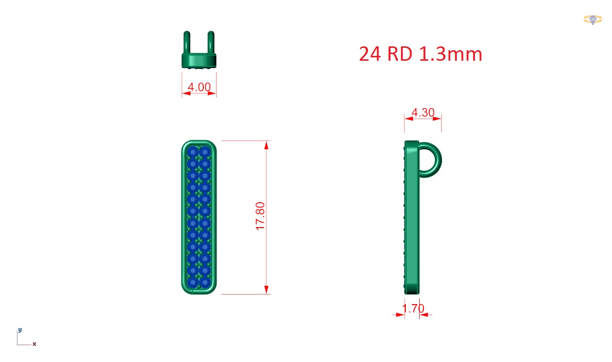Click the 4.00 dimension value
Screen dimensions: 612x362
(x=199, y=88)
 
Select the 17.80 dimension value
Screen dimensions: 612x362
(x=260, y=216)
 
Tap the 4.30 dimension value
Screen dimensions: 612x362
(x=423, y=112)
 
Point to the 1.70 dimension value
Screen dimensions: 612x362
(x=413, y=308)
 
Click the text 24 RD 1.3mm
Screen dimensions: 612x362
(x=421, y=54)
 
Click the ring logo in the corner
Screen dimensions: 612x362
(x=592, y=20)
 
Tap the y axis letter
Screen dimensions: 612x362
(x=20, y=329)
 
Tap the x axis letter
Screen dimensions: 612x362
(x=34, y=344)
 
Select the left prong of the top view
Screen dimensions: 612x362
(x=187, y=43)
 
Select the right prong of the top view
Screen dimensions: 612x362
(x=211, y=43)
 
